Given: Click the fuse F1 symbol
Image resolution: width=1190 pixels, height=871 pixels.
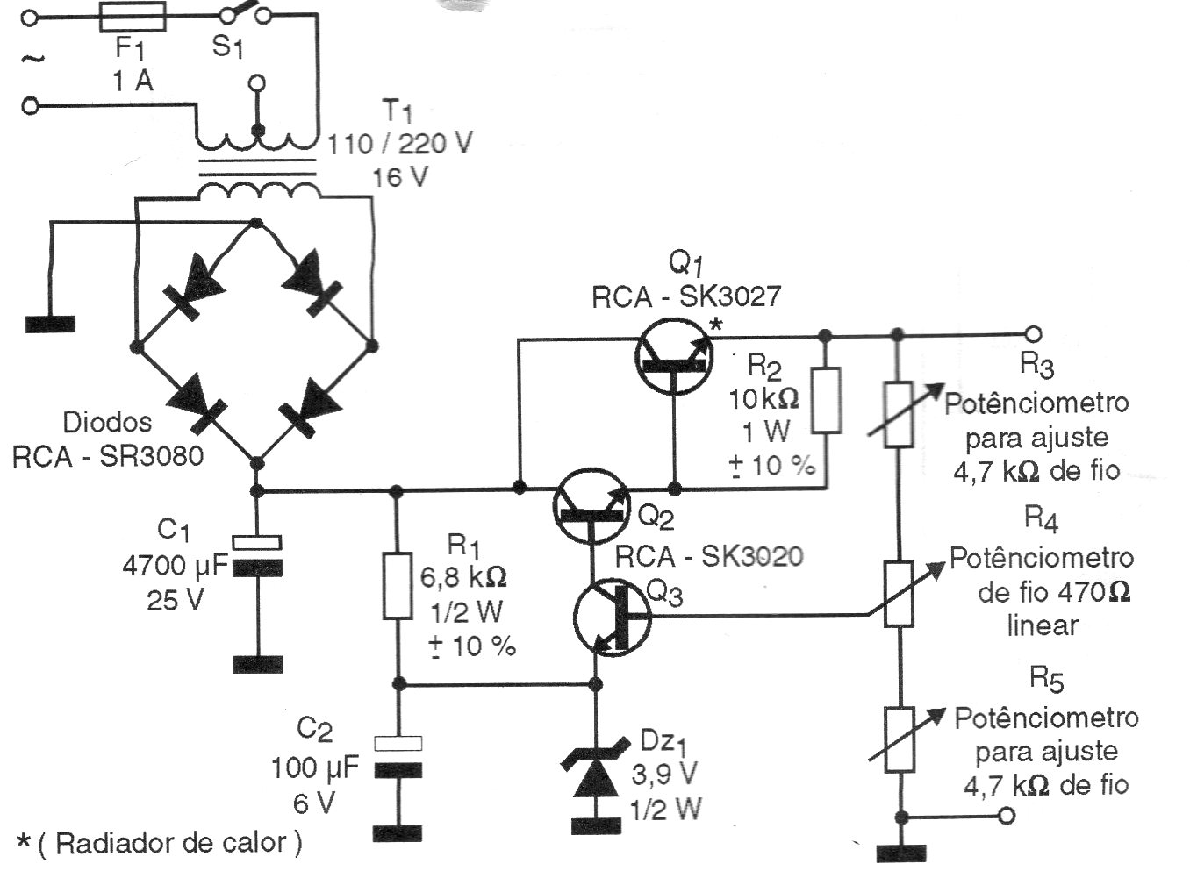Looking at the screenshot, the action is coord(133,18).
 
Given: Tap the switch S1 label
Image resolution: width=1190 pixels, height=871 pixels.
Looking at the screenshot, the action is coord(226,46).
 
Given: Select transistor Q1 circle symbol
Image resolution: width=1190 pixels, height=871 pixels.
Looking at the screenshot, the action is coord(673,356).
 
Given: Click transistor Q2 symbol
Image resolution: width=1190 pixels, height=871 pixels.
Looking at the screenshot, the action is coord(591,506).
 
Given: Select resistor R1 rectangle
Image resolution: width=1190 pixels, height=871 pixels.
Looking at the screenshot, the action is coord(398,585).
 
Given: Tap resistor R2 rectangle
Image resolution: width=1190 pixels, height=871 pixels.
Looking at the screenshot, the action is coord(826,400).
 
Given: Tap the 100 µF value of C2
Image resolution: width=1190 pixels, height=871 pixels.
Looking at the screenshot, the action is coord(315,767).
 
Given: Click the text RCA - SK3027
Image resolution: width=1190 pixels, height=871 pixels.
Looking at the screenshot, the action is coord(686,296).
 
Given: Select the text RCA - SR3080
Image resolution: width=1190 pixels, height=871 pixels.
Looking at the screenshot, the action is coord(108,457).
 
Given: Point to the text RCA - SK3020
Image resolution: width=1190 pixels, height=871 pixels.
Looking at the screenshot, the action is coord(709,557).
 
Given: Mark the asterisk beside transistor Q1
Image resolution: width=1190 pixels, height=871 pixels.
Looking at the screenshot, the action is coord(717,325).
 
